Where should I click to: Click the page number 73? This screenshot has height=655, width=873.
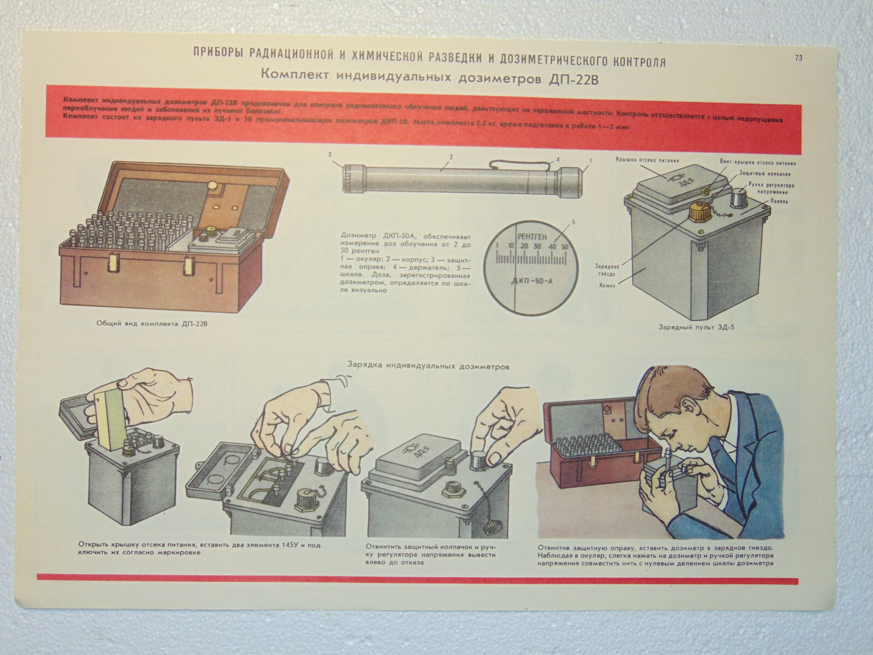click(x=798, y=57)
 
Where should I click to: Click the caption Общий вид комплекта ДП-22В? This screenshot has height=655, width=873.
click(x=152, y=323)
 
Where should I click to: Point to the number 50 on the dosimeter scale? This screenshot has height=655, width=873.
click(x=565, y=247)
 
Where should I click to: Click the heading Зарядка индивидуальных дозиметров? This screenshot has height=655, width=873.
click(x=428, y=367)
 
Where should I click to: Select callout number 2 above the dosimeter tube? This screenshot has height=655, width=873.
click(x=451, y=157)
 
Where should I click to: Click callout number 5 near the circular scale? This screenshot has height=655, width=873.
click(x=573, y=222)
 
